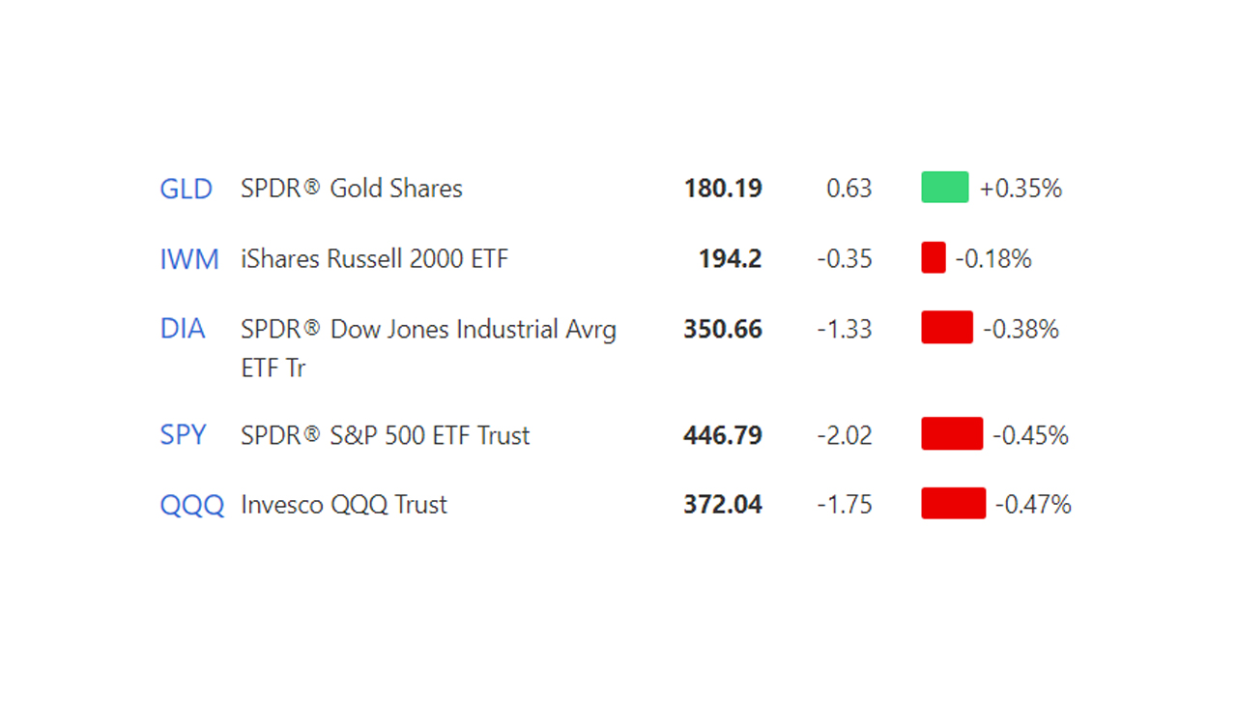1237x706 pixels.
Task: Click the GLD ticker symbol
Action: (x=186, y=189)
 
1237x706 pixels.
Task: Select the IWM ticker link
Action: (x=189, y=259)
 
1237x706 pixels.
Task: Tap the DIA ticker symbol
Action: (x=183, y=329)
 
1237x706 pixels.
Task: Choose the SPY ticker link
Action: (x=184, y=435)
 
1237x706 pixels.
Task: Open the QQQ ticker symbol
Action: (x=191, y=505)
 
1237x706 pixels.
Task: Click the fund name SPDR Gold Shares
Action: (x=352, y=189)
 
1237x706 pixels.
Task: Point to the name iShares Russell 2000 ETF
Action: (x=374, y=259)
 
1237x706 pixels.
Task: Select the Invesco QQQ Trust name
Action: (x=344, y=505)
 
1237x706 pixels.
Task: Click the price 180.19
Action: (x=723, y=189)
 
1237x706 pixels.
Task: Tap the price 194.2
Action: (x=731, y=259)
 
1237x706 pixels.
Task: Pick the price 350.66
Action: (x=723, y=329)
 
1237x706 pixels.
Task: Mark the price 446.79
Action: (x=723, y=435)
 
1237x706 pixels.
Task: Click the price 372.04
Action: (x=723, y=505)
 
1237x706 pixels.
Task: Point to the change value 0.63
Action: (x=849, y=189)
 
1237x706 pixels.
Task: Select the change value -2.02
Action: (x=845, y=435)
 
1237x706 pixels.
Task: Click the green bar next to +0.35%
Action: (x=945, y=187)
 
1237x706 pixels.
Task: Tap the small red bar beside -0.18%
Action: (x=934, y=258)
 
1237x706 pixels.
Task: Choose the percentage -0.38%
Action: (x=1021, y=329)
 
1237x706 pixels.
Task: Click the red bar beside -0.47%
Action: (x=954, y=504)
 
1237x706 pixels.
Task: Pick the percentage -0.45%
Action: (x=1031, y=435)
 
